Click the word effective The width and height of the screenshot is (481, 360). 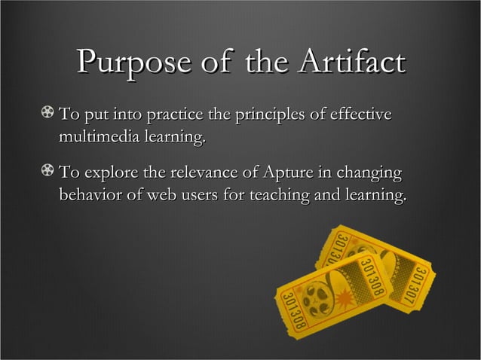(360, 116)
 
